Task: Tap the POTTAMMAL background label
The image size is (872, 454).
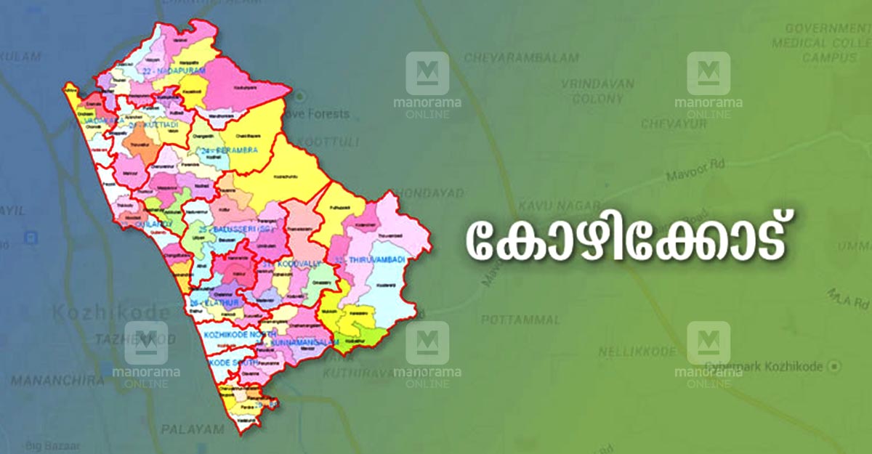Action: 521,320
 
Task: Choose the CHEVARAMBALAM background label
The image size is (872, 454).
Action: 521,57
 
